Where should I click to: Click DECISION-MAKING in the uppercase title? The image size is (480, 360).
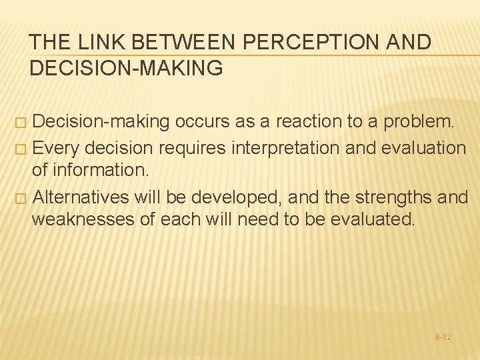(126, 67)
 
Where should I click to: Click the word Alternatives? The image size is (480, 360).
(80, 197)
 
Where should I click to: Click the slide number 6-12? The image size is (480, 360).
(443, 337)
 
